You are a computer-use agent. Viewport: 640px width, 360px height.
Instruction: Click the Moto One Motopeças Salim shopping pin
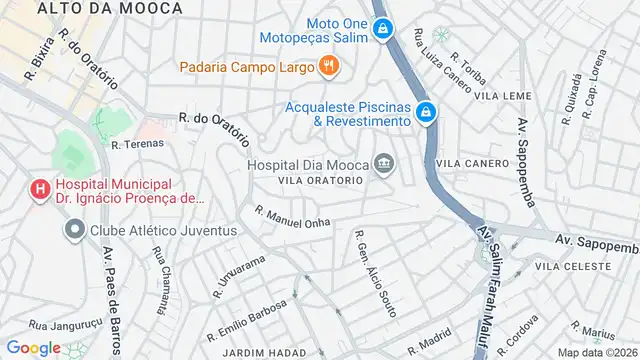381,30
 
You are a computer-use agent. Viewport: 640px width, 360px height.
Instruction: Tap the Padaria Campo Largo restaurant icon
329,67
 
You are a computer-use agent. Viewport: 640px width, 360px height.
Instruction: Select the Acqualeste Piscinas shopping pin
426,112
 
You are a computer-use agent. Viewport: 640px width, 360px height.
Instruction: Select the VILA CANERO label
473,163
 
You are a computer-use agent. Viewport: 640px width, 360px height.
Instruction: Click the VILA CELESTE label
572,267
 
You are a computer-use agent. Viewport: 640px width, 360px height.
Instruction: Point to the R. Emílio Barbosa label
246,318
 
